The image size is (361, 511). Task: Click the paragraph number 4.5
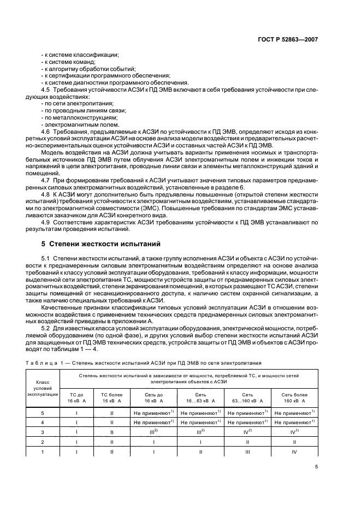(x=46, y=90)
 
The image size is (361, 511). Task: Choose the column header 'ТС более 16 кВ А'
(x=112, y=397)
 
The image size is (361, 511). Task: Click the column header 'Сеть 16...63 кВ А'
(x=201, y=397)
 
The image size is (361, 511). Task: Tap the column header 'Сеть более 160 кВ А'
(x=295, y=397)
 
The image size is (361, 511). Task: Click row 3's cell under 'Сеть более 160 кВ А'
(x=295, y=431)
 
